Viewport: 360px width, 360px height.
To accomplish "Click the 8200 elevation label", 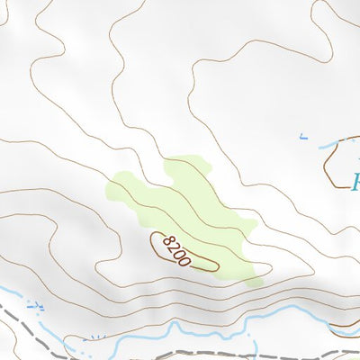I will pos(173,249).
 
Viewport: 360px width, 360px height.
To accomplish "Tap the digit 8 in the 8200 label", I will pos(165,240).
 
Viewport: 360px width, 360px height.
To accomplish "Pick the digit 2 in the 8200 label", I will pos(171,247).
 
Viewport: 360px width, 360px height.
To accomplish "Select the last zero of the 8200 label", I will pos(184,261).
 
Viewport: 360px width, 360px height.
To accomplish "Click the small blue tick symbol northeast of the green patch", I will pos(302,138).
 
